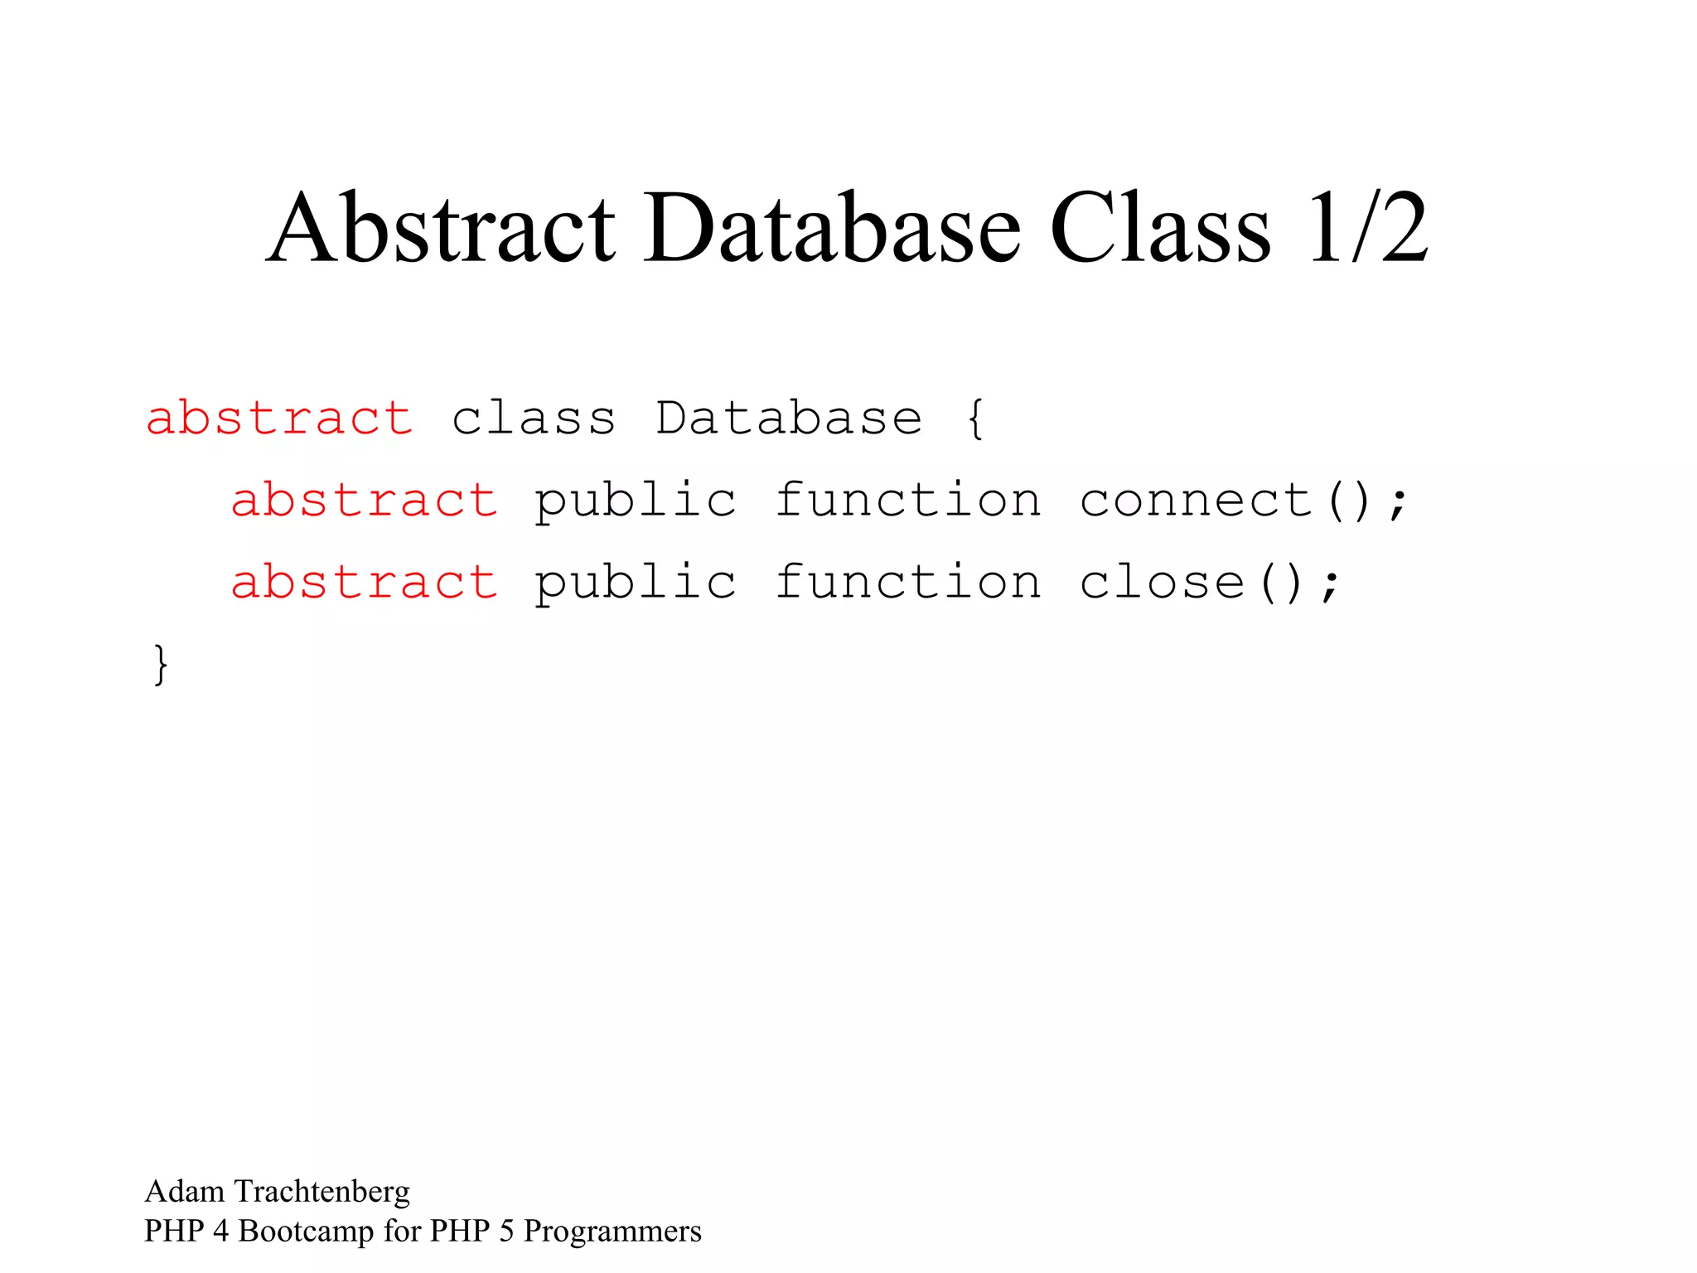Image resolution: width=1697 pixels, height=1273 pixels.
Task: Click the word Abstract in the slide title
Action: coord(441,228)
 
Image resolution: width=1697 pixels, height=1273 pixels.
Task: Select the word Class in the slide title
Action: coord(1159,228)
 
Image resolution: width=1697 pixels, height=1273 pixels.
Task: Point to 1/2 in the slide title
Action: coord(1367,228)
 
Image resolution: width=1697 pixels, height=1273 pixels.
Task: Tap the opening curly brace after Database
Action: coord(975,419)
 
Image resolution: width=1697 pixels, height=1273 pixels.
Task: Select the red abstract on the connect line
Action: coord(364,500)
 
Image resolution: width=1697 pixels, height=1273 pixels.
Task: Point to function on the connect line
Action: coord(907,500)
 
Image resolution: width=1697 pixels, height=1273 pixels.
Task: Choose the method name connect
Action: coord(1196,500)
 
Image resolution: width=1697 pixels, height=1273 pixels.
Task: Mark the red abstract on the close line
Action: coord(364,582)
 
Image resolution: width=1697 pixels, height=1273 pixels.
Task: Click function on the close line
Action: coord(907,582)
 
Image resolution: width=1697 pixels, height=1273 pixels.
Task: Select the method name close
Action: coord(1162,582)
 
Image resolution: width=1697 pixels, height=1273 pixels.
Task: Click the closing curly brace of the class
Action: coord(161,665)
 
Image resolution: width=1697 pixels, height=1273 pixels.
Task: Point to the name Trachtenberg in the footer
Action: coord(322,1192)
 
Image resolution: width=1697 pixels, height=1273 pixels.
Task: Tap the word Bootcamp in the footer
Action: coord(306,1232)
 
